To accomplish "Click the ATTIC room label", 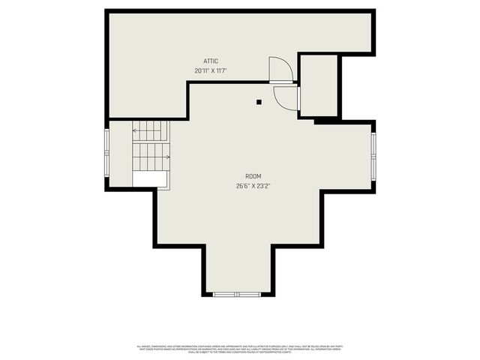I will [x=211, y=61].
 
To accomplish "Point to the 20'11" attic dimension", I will [x=200, y=70].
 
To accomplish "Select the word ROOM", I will [x=253, y=176].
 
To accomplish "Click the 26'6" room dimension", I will [x=242, y=186].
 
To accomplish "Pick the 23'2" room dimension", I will [x=262, y=186].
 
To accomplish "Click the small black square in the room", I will [x=259, y=101].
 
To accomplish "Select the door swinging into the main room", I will [x=286, y=97].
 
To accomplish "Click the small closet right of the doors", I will [x=318, y=85].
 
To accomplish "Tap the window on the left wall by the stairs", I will [x=107, y=154].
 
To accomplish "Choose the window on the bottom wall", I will [x=237, y=294].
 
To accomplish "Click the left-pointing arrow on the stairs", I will [x=136, y=130].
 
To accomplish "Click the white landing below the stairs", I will [x=150, y=178].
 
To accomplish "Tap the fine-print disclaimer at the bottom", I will [x=239, y=349].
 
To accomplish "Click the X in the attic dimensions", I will [x=210, y=70].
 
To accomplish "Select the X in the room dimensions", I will [x=253, y=186].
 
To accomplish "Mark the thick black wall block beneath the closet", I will [x=325, y=120].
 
